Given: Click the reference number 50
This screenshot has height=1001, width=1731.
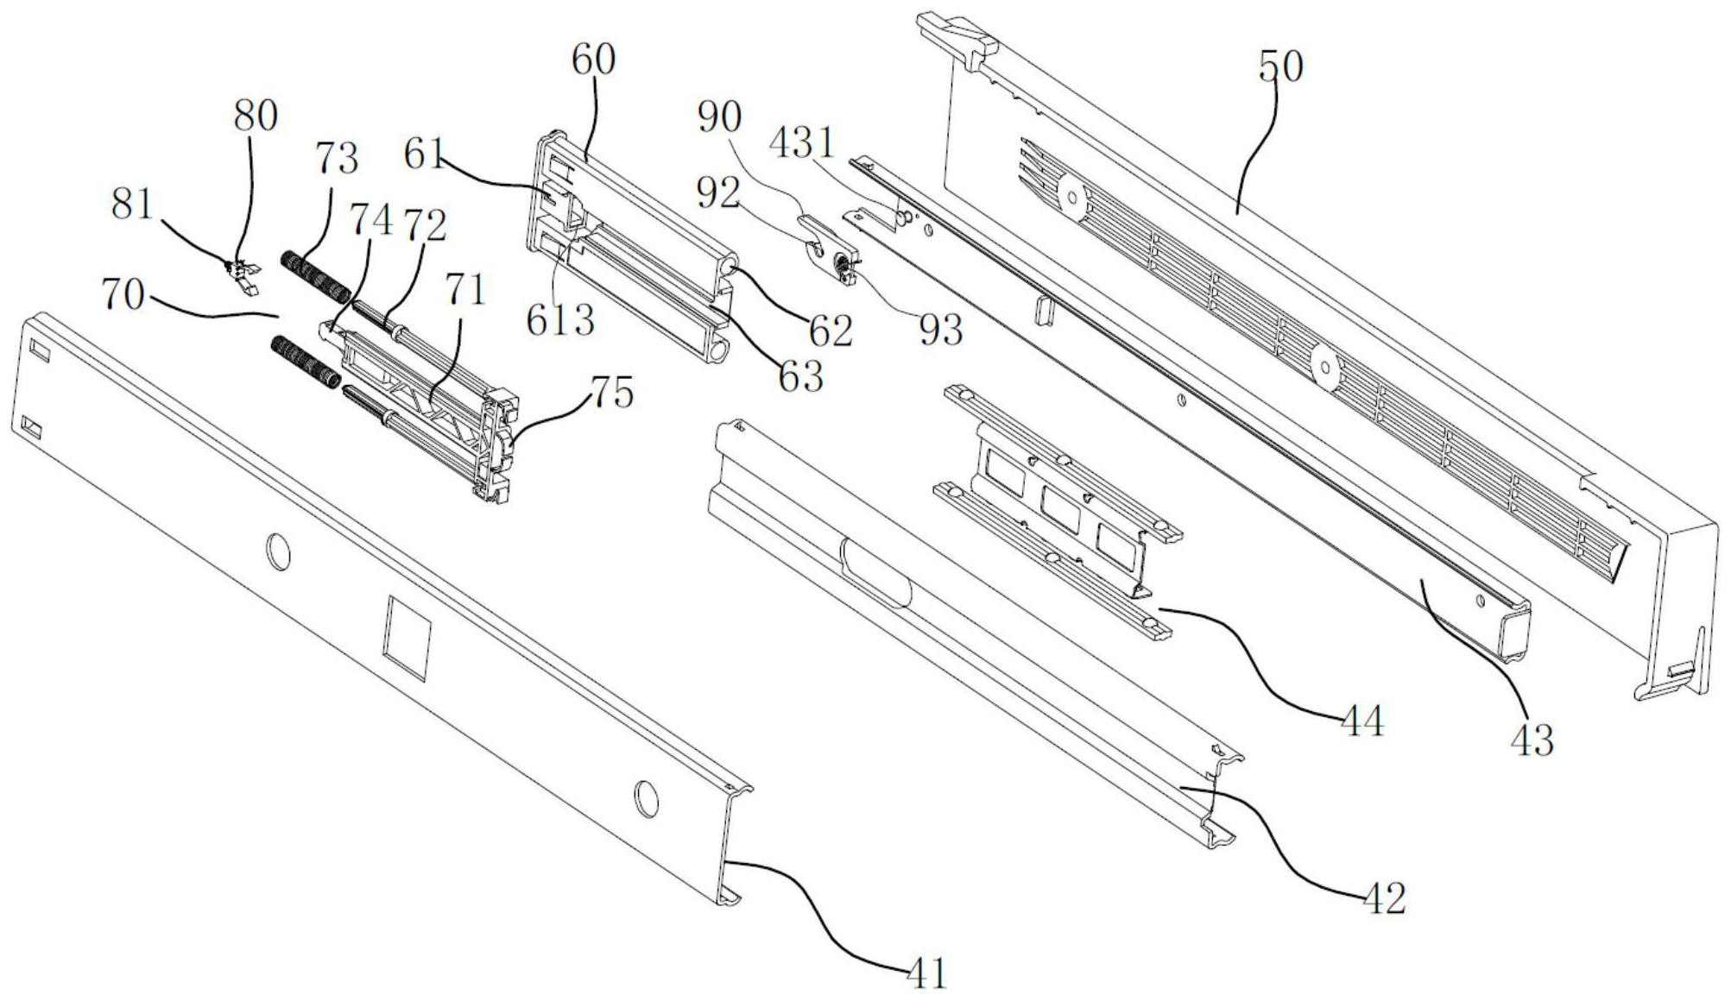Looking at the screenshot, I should click(x=1280, y=66).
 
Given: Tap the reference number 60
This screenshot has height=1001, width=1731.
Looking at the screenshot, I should click(x=593, y=60).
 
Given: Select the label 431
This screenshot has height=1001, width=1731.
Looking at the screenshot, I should click(x=803, y=142).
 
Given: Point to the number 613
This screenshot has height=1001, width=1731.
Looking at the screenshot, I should click(x=561, y=321).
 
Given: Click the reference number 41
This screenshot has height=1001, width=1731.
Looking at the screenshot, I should click(x=927, y=973).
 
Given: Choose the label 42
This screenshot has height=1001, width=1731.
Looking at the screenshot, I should click(x=1385, y=897).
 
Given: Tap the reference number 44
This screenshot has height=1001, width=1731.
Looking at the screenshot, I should click(x=1361, y=720).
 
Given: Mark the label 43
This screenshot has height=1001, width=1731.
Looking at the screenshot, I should click(x=1532, y=740).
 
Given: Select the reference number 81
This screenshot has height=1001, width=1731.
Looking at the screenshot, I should click(x=132, y=205).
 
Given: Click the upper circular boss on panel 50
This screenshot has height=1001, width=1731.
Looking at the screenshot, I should click(x=1072, y=198).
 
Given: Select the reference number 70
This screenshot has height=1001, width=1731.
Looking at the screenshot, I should click(x=123, y=295).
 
